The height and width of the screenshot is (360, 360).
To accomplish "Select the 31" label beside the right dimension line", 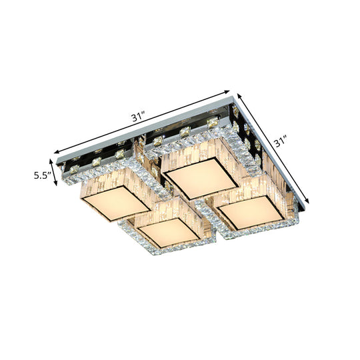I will [x=281, y=142].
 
